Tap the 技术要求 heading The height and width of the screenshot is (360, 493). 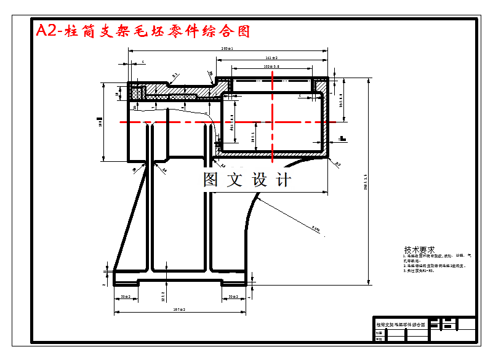[419, 250]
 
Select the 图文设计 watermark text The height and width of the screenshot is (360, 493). [247, 180]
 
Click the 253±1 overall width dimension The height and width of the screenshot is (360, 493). [227, 49]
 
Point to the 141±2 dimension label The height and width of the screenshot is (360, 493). [271, 57]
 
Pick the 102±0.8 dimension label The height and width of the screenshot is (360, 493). [271, 66]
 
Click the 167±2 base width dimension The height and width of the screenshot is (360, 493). [180, 309]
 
